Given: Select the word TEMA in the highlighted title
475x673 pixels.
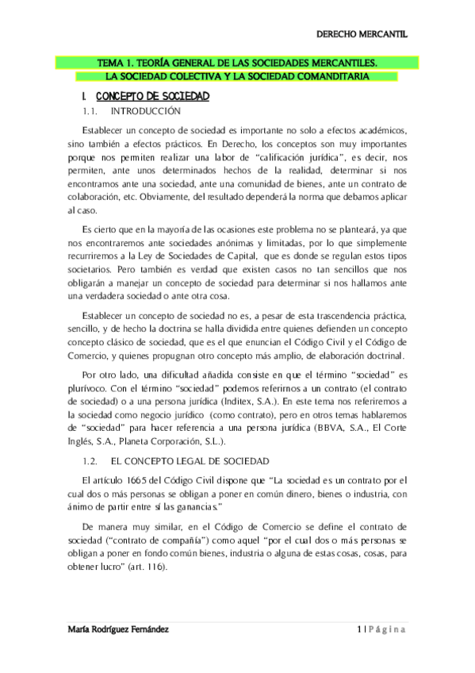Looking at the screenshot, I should point(108,61).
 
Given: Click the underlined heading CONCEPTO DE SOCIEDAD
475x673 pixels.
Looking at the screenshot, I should point(151,96).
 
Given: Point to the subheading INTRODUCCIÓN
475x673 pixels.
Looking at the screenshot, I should point(147,111).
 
